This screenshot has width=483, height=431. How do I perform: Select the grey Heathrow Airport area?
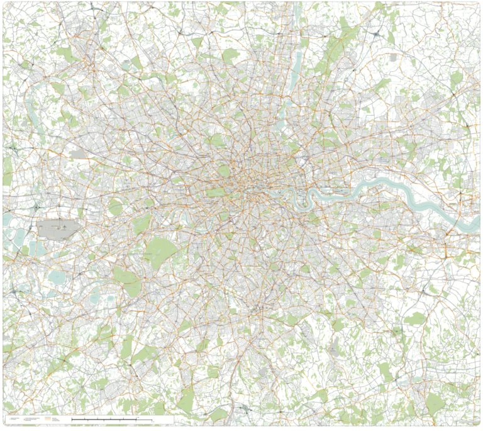pos(60,228)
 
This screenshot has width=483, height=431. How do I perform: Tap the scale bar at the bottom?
pos(112,419)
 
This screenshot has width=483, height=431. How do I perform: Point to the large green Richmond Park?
pos(161,250)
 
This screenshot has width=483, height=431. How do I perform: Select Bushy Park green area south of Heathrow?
pos(126,277)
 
